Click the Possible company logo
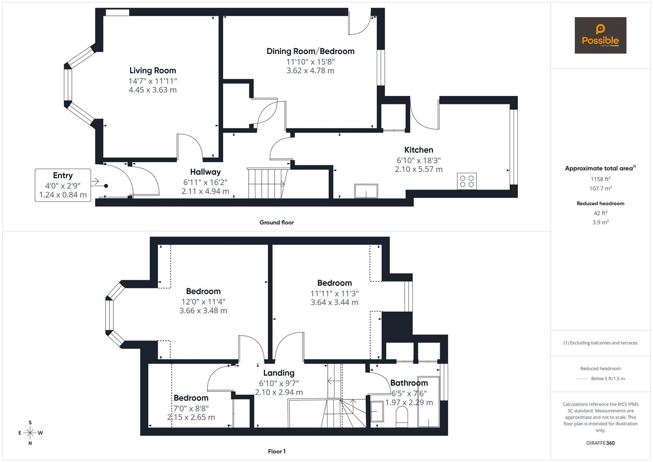click(x=600, y=36)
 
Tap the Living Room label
click(x=153, y=71)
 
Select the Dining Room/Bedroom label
click(x=310, y=51)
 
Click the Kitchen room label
click(x=419, y=150)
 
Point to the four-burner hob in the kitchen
click(x=467, y=181)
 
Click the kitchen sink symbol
click(x=366, y=191)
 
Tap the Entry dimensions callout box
click(x=63, y=185)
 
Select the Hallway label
click(x=205, y=172)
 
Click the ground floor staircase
click(x=266, y=184)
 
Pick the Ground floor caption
click(x=277, y=222)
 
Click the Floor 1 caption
click(x=277, y=451)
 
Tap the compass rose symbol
click(x=30, y=433)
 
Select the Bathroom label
click(x=409, y=383)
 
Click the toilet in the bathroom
click(x=402, y=416)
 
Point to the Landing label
click(x=279, y=373)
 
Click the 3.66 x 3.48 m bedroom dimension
click(x=203, y=311)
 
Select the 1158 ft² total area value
click(x=600, y=179)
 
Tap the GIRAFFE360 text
click(x=600, y=443)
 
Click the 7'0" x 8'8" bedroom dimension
click(x=191, y=408)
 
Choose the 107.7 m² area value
click(x=600, y=188)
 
